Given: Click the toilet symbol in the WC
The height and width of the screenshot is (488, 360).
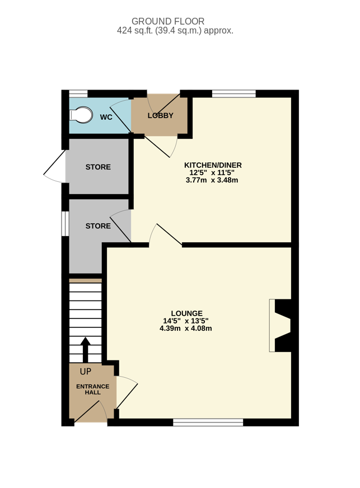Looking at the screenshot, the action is point(81,115).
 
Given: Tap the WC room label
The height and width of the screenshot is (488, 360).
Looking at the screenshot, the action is point(106,118).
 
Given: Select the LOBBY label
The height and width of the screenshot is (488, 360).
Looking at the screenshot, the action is point(160,116).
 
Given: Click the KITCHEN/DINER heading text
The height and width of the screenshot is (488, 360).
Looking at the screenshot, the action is point(213,165).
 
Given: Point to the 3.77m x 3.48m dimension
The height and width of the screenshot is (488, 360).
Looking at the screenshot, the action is point(212,180).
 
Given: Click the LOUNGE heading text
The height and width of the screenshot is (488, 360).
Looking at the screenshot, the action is point(186,313).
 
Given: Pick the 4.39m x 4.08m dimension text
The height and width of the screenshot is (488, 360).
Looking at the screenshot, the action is point(186,329).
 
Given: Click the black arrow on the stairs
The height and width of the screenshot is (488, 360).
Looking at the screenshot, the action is point(85,350).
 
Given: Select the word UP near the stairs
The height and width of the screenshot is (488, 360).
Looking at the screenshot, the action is point(86,371).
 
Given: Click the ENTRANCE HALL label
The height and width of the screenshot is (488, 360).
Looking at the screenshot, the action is point(93,390).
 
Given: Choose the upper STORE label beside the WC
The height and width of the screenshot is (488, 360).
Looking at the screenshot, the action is point(98,167).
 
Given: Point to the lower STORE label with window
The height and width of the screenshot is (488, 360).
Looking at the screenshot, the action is point(98,226).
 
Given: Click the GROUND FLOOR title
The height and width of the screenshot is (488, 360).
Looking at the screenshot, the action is point(168,21).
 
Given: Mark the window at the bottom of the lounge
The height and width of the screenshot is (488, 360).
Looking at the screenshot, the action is point(208,423).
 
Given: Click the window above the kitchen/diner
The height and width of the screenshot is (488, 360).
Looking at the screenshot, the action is point(234,93).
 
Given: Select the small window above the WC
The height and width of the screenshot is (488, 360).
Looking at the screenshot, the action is point(78,93).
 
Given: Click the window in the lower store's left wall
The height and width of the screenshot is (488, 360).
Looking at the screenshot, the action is point(65,224).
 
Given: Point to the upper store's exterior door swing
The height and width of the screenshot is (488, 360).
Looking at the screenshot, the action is point(54,167).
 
